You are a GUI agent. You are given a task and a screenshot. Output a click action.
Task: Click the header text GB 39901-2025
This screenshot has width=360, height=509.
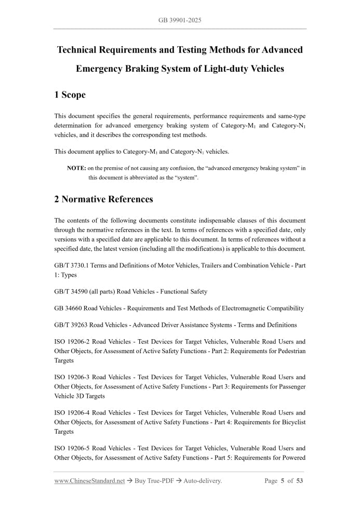click(180, 20)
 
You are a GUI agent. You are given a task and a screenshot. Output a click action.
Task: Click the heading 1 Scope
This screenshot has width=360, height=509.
click(70, 95)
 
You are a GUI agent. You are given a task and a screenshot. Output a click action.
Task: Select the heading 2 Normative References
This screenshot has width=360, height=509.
click(103, 199)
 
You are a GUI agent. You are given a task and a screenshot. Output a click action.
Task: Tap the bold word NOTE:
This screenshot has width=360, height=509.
click(76, 168)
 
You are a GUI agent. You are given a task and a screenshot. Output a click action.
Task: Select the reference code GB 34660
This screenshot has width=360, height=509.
click(69, 308)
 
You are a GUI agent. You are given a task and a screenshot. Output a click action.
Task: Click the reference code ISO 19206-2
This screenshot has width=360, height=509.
click(73, 342)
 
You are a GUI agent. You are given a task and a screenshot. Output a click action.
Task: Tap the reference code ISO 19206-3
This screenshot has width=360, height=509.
click(73, 377)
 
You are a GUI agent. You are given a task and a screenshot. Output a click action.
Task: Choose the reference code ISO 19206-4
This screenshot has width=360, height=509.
click(73, 413)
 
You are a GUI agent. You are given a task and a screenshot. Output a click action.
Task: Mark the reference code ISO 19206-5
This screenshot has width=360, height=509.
click(73, 448)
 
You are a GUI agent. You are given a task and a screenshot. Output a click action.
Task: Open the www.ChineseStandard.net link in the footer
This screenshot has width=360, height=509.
click(89, 481)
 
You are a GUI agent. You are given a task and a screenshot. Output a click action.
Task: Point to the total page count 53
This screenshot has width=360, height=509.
click(300, 481)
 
